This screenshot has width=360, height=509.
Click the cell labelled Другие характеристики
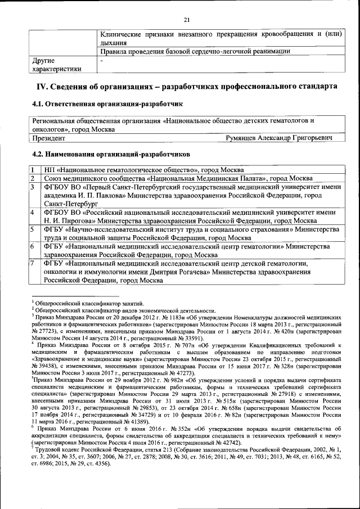click(56, 64)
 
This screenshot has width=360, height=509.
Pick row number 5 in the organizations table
click(33, 229)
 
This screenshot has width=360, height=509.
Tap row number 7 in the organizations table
click(33, 263)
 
